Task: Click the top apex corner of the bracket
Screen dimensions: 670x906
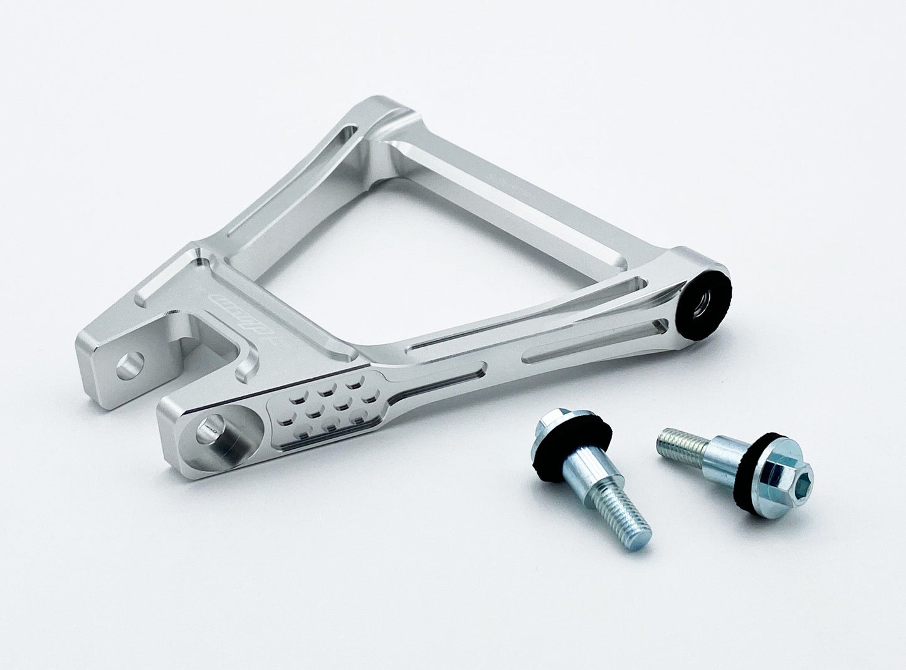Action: (392, 113)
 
